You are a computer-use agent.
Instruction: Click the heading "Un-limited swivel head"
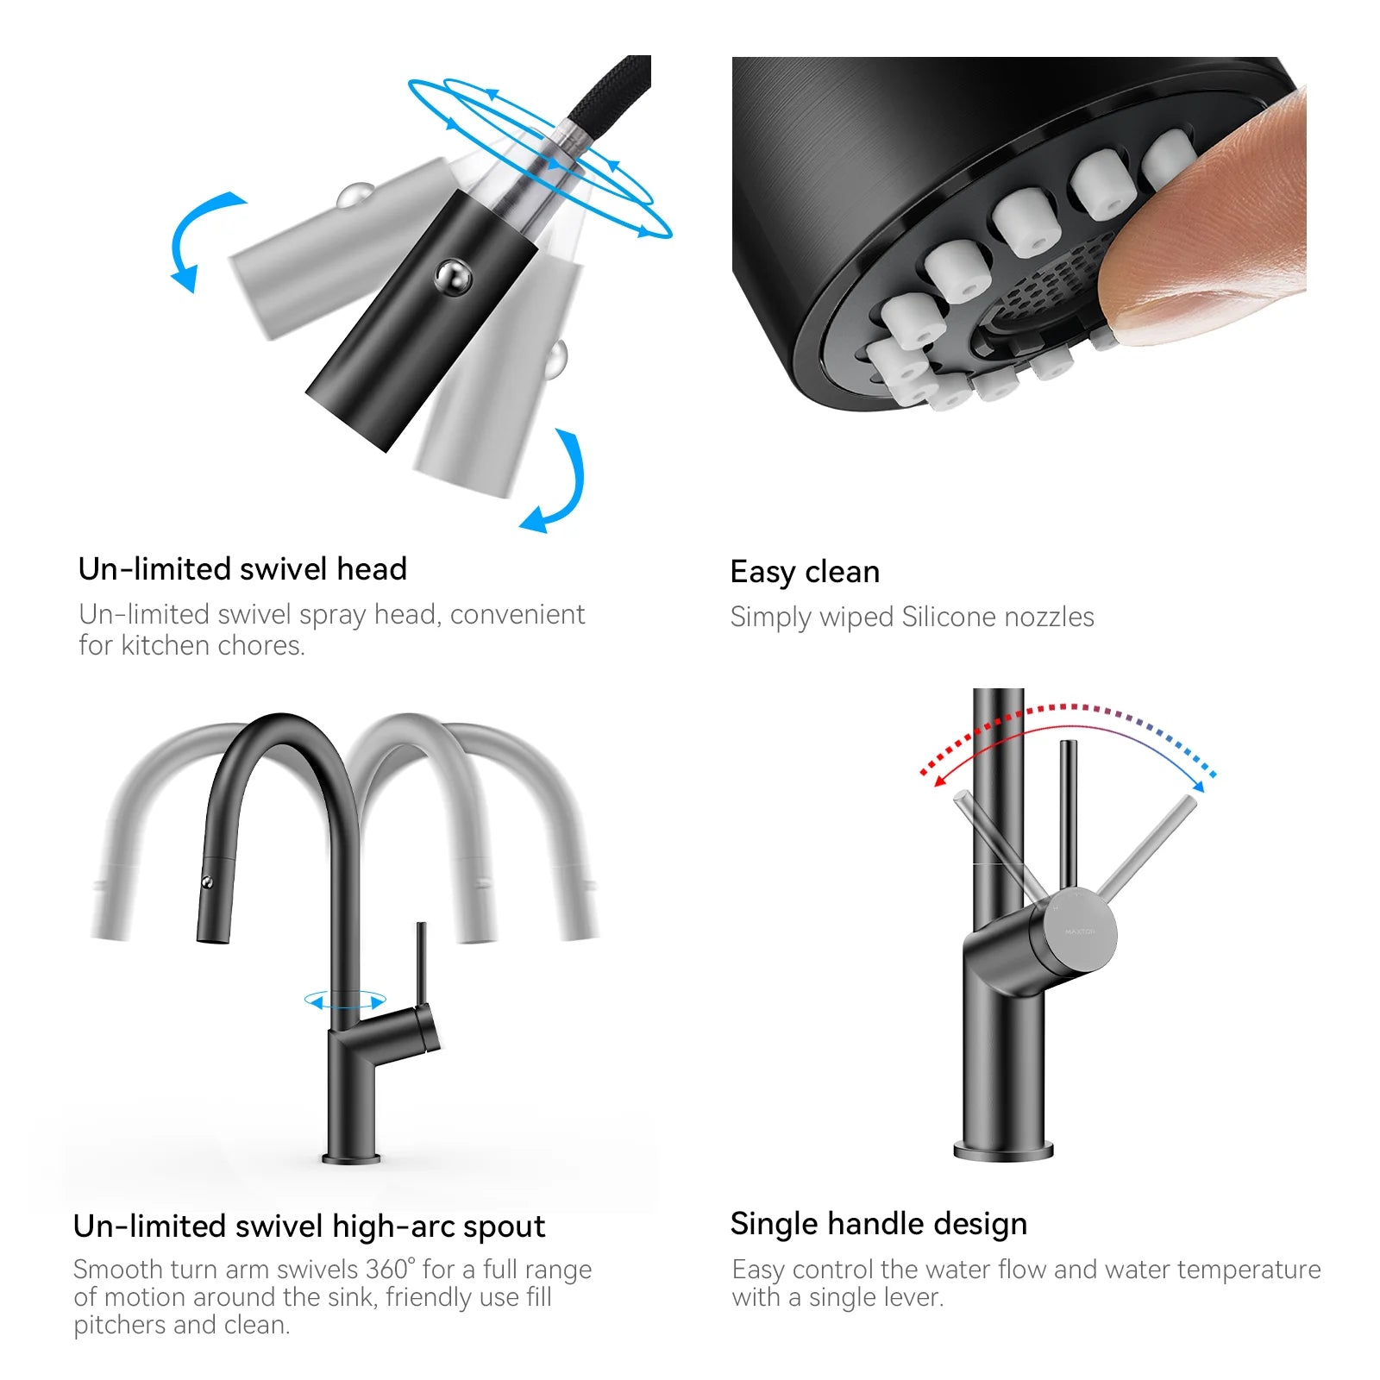click(242, 569)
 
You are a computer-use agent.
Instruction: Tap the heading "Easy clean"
click(805, 572)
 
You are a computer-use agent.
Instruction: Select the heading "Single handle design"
click(878, 1224)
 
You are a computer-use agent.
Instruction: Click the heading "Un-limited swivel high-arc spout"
click(309, 1226)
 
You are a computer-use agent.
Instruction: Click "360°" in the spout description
click(390, 1270)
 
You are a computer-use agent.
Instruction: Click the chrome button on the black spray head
click(452, 277)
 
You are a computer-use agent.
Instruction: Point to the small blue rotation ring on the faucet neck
click(345, 1001)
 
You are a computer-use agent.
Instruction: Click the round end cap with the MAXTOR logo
click(1080, 931)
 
